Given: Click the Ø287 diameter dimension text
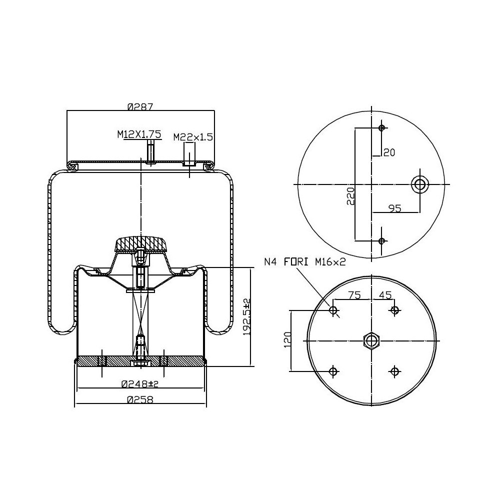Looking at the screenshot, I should tap(139, 106).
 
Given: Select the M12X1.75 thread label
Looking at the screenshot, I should tap(139, 134).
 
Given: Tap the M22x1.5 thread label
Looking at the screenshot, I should tap(193, 136).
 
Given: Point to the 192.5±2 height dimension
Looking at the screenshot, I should tap(246, 317).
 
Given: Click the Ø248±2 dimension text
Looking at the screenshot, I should tap(139, 384).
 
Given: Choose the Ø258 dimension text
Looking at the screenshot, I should tap(139, 399).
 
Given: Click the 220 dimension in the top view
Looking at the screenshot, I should tap(350, 196).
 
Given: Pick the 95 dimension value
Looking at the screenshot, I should tap(394, 208).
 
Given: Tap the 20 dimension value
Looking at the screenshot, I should tap(388, 152).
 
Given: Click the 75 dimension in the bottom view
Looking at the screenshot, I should tap(354, 295).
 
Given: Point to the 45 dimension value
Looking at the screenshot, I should tap(385, 295).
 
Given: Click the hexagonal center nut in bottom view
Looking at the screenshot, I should tap(371, 340).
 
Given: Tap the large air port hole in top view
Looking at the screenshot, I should tap(419, 185).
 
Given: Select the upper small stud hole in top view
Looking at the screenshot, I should tap(382, 128).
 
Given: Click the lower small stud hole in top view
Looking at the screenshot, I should tap(382, 241).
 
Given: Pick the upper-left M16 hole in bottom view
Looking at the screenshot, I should tap(334, 310).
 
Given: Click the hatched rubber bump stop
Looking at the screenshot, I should tap(140, 244).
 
